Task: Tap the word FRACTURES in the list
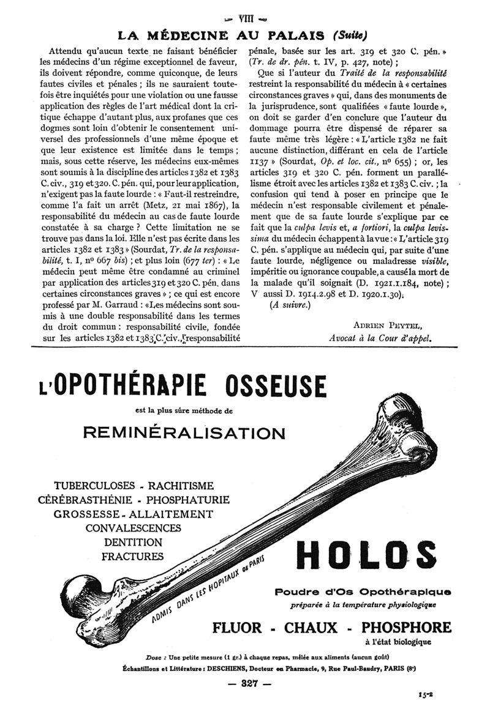(x=133, y=557)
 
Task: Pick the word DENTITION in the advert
(x=133, y=543)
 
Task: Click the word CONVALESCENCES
(x=133, y=528)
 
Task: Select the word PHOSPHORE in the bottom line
(x=405, y=627)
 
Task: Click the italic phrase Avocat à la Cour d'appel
(x=380, y=336)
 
